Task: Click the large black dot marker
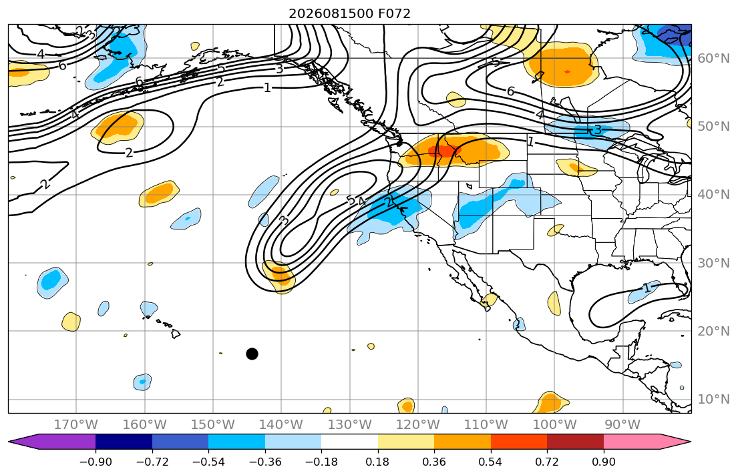click(x=252, y=354)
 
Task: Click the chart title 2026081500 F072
click(x=350, y=13)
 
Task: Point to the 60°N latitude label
click(x=713, y=58)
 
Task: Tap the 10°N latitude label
click(x=713, y=400)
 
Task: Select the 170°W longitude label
click(x=76, y=425)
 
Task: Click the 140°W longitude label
click(x=281, y=425)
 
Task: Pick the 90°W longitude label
click(x=622, y=425)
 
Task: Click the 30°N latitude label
click(x=713, y=263)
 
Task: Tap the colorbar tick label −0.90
click(x=96, y=462)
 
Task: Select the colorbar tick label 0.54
click(x=490, y=462)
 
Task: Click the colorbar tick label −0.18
click(x=321, y=462)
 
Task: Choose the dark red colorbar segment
click(x=575, y=442)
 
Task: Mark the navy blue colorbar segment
click(x=124, y=442)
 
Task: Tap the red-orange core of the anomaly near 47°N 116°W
click(x=445, y=151)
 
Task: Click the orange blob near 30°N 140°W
click(x=278, y=276)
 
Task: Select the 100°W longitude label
click(x=554, y=425)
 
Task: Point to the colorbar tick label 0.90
click(x=603, y=462)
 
